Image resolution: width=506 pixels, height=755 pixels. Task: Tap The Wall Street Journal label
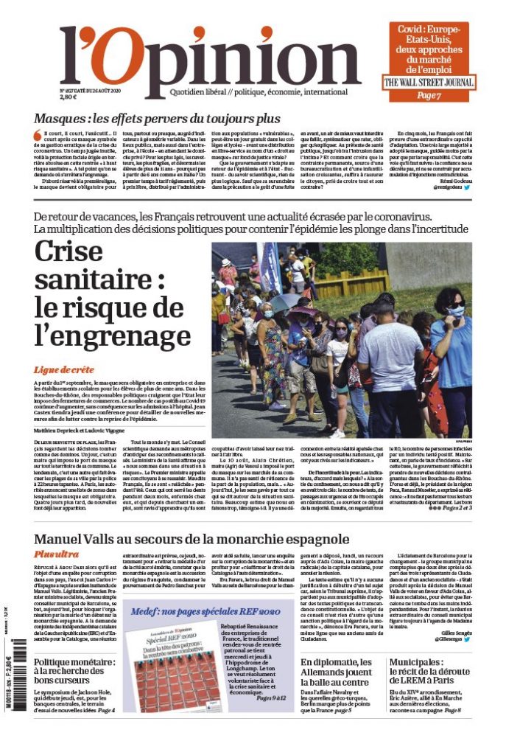click(x=429, y=82)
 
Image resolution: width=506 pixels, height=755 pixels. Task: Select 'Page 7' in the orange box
click(x=429, y=96)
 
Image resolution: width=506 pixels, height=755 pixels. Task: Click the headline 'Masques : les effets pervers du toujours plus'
click(x=157, y=119)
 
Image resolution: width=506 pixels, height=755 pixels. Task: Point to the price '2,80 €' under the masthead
click(x=68, y=97)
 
